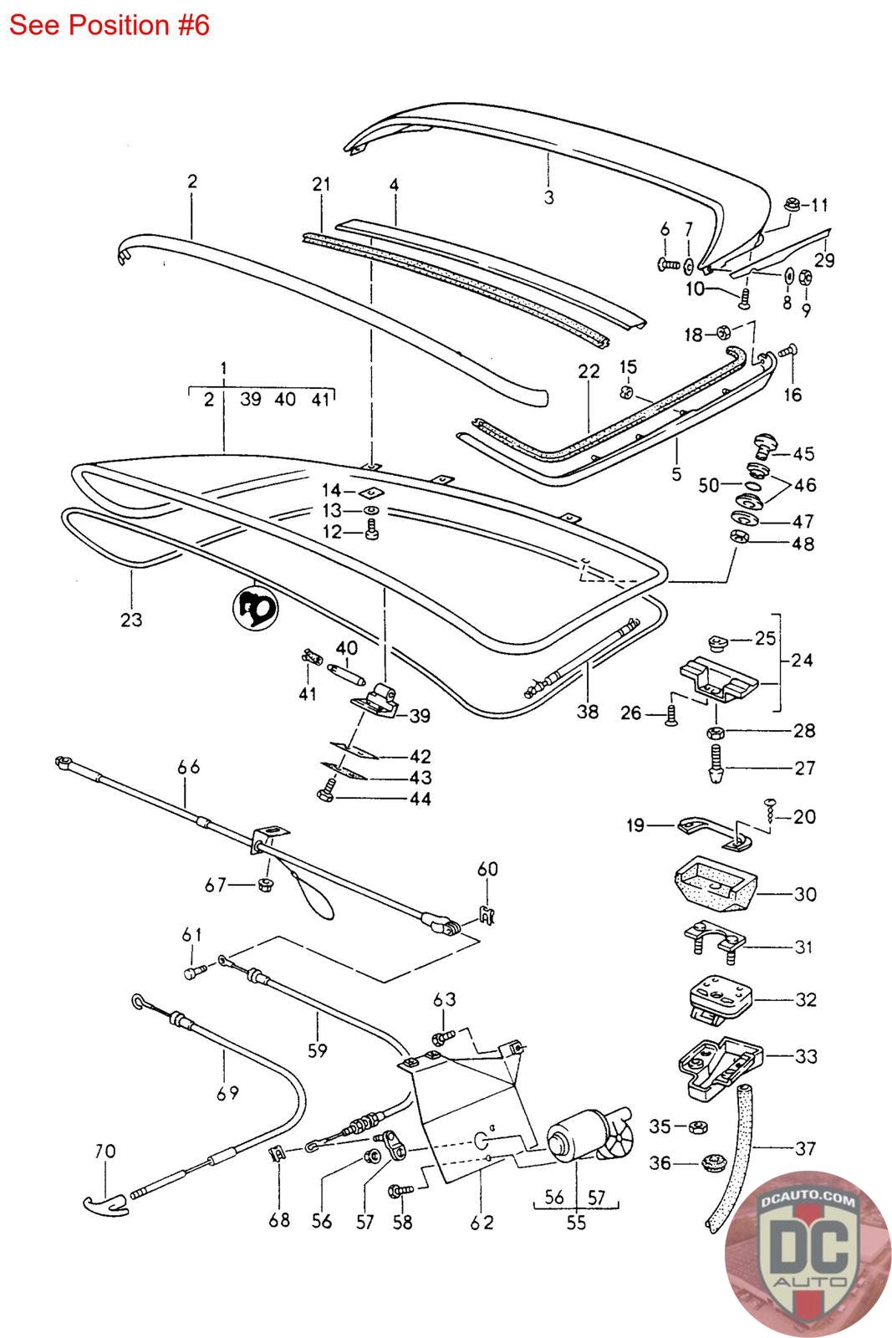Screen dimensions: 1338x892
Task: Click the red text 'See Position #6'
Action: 109,25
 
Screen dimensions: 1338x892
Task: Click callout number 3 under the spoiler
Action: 549,197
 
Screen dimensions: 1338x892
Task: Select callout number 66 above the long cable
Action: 189,767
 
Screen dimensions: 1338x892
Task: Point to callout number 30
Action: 804,894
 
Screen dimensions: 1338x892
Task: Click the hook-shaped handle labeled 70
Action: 104,1203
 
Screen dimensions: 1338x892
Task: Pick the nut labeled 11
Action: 791,203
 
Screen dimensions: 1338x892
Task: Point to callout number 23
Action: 131,620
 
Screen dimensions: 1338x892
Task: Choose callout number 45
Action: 803,454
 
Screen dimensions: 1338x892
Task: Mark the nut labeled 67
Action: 266,885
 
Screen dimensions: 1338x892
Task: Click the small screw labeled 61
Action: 194,973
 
